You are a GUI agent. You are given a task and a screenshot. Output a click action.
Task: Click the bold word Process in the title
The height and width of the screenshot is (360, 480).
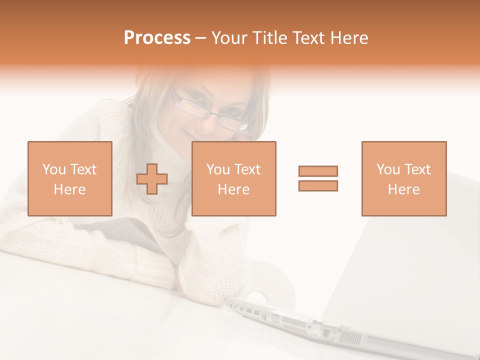coord(157,38)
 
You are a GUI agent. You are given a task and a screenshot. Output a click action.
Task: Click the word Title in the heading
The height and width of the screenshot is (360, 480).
coord(269,38)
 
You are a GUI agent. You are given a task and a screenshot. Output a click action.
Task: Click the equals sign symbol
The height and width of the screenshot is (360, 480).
coord(318,178)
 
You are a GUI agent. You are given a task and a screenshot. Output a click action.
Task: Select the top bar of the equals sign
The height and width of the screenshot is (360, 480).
coord(318,171)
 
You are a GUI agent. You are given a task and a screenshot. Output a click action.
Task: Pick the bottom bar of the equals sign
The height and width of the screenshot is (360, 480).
coord(318,186)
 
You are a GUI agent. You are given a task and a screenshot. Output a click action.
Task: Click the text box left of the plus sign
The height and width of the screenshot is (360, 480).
coord(70,179)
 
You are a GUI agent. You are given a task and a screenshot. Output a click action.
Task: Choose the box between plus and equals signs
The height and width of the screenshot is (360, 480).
coord(234,179)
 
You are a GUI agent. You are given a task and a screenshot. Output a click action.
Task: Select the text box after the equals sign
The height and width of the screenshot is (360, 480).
coord(404,179)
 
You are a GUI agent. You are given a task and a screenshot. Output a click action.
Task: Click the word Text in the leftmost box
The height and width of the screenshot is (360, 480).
coord(83,169)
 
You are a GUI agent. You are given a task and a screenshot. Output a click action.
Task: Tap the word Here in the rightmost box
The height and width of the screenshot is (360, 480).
coord(404,189)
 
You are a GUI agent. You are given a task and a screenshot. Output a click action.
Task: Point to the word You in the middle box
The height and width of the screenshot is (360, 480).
coord(218,169)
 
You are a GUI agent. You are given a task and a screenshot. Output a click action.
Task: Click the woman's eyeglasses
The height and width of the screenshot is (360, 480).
coord(210,114)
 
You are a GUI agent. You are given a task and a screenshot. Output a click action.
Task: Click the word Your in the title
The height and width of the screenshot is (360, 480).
coord(230,38)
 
